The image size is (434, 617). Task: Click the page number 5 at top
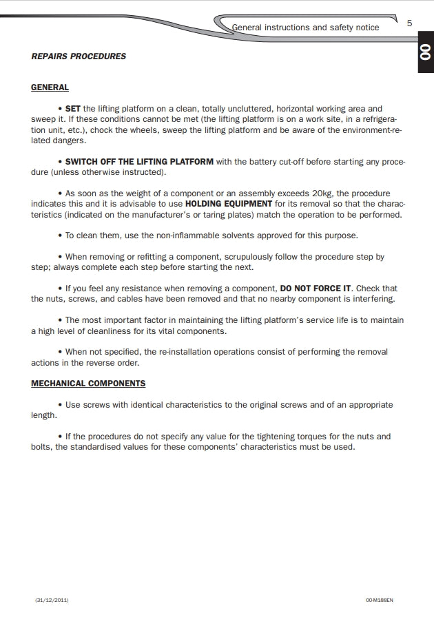click(409, 23)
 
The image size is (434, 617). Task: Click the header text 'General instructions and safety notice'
click(305, 28)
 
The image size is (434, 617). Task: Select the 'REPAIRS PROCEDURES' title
click(79, 56)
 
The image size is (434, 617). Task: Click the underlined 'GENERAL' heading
click(50, 87)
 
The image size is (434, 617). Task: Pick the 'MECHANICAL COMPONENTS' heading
click(88, 384)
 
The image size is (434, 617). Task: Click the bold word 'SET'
click(73, 109)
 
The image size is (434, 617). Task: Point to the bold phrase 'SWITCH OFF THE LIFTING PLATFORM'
click(139, 162)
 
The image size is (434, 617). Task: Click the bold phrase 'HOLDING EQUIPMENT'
click(229, 204)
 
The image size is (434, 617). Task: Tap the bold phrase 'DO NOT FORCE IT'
click(316, 289)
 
